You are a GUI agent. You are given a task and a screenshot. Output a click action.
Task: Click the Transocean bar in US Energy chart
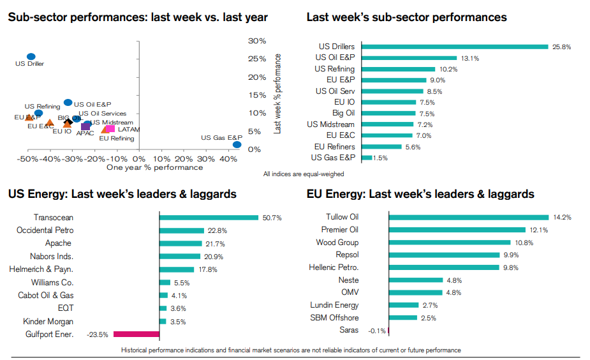209,218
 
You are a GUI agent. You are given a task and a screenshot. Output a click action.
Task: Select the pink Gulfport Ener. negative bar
136,334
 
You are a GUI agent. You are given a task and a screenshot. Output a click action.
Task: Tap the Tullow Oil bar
468,217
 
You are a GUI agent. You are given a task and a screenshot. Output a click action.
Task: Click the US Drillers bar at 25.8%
455,47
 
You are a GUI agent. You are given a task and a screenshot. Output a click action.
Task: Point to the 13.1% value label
470,58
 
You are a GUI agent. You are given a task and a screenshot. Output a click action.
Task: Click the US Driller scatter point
31,57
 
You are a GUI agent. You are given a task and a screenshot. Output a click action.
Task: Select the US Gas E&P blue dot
237,145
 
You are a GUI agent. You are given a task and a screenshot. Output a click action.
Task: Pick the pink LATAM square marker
110,129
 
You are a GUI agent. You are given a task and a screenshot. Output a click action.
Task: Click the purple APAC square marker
85,126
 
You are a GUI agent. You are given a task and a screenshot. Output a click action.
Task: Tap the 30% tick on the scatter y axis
257,41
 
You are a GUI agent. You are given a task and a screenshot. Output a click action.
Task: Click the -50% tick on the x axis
27,158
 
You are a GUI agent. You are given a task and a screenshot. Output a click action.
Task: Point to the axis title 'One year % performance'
154,168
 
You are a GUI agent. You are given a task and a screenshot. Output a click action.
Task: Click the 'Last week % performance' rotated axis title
277,93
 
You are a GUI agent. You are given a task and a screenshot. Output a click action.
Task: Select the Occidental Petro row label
45,230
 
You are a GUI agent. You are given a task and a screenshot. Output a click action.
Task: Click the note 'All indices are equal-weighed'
304,174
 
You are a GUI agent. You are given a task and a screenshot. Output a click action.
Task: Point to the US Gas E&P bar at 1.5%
367,158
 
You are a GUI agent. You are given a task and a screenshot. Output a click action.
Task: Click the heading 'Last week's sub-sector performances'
406,17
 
